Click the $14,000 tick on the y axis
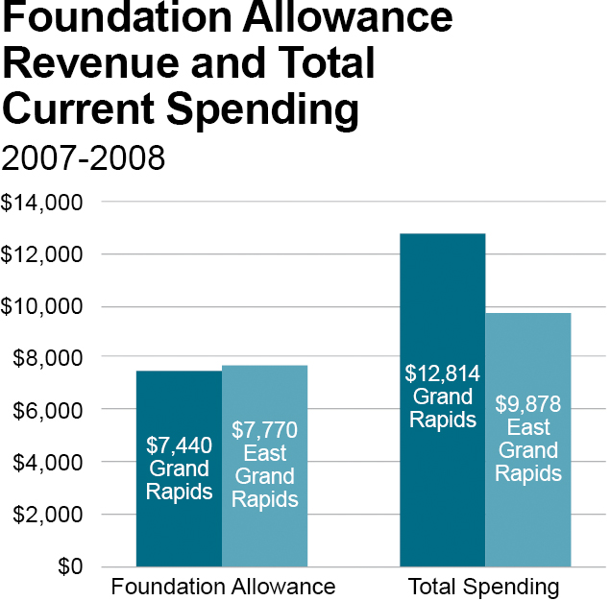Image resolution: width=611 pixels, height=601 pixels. coord(44,203)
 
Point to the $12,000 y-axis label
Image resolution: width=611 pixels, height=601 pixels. coord(44,254)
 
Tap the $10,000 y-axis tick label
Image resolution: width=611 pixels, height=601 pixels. coord(44,306)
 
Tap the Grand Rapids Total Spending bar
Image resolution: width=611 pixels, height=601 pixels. coord(442,288)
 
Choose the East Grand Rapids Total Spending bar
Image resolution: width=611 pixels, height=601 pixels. coord(527,355)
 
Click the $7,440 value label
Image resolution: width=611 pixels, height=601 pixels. coord(179,445)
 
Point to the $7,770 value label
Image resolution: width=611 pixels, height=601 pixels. coord(265,429)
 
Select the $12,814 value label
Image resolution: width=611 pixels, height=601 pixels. coord(442,373)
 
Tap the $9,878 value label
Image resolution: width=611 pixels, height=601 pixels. coord(527,403)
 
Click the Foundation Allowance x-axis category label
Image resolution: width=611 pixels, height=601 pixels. coord(223,587)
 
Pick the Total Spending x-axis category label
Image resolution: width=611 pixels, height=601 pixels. coord(483,587)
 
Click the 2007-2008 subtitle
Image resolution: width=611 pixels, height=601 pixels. coord(84,158)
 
